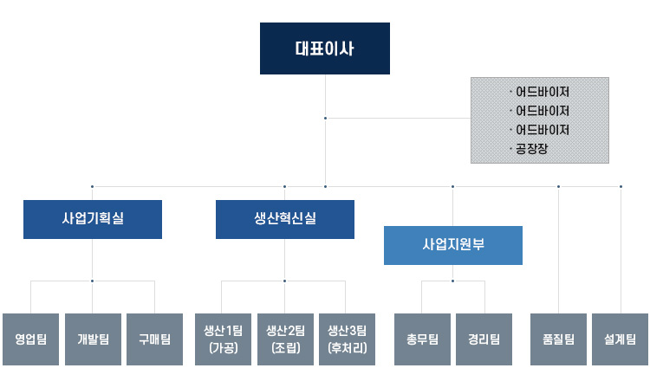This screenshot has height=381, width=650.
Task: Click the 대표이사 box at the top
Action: [x=325, y=48]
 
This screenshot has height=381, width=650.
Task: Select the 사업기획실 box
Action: [x=93, y=219]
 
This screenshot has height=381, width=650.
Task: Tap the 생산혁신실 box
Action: [x=285, y=219]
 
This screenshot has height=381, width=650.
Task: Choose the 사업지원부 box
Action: [x=452, y=245]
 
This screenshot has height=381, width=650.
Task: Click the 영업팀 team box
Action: [x=30, y=339]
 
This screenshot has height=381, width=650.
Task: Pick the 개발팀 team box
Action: [x=93, y=339]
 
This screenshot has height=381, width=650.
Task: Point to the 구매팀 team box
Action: [x=154, y=339]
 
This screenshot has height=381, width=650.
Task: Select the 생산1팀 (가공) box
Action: [x=223, y=339]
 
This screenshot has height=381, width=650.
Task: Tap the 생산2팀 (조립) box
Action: [x=285, y=339]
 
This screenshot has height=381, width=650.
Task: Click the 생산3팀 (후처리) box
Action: [x=347, y=339]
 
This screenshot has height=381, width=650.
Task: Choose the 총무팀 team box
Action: [x=422, y=339]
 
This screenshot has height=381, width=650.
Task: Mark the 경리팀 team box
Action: [x=484, y=339]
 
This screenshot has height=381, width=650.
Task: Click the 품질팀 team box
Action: [x=558, y=339]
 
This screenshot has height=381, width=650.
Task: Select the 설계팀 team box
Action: [x=621, y=339]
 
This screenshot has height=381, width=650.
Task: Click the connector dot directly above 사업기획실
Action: [x=93, y=186]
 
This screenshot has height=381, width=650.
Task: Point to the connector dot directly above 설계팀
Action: [x=621, y=186]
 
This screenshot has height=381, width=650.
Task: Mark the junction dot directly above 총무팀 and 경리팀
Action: [x=452, y=281]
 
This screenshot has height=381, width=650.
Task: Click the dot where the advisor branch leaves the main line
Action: [x=325, y=118]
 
